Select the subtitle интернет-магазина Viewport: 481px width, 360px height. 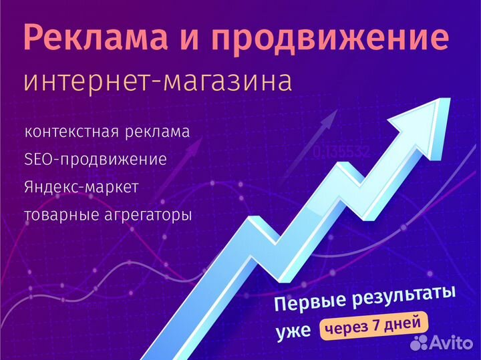pyautogui.click(x=158, y=81)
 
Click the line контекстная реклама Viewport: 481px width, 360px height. pyautogui.click(x=107, y=131)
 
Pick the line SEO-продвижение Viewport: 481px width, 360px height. pyautogui.click(x=95, y=160)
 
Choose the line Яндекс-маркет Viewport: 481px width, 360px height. pyautogui.click(x=81, y=188)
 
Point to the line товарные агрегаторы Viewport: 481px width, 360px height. pyautogui.click(x=108, y=216)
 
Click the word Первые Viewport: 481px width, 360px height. pyautogui.click(x=309, y=302)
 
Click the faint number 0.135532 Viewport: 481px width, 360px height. pyautogui.click(x=341, y=152)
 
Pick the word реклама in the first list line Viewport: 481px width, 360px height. pyautogui.click(x=158, y=131)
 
